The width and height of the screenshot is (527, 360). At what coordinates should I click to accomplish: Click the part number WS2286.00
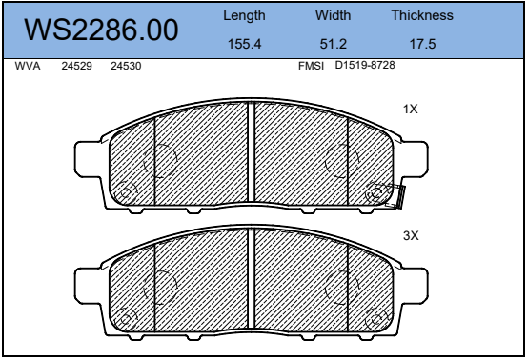tap(101, 30)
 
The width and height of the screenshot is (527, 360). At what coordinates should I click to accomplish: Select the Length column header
tap(244, 16)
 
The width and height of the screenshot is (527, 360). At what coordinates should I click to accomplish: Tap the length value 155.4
tap(244, 44)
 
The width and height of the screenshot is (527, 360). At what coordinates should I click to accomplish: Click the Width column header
tap(333, 15)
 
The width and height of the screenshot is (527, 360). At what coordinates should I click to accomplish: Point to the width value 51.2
tap(334, 44)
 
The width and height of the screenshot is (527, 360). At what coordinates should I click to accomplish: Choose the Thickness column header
tap(422, 15)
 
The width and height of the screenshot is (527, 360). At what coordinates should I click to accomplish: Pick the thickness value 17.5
tap(422, 44)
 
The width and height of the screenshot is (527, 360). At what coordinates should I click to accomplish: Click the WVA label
tap(28, 66)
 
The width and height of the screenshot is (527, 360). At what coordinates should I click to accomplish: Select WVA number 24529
tap(76, 66)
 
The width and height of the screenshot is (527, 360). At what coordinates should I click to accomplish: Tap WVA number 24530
tap(126, 66)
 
